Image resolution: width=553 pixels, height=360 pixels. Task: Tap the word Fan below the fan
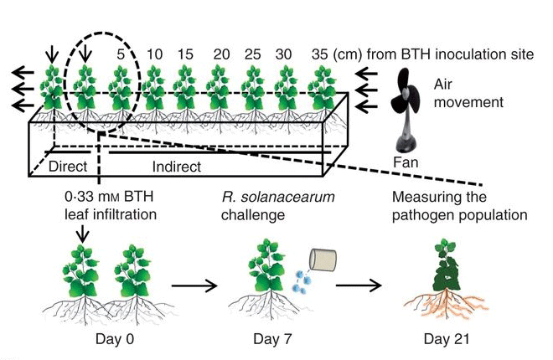click(406, 159)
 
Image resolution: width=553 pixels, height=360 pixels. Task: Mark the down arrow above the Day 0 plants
click(80, 235)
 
